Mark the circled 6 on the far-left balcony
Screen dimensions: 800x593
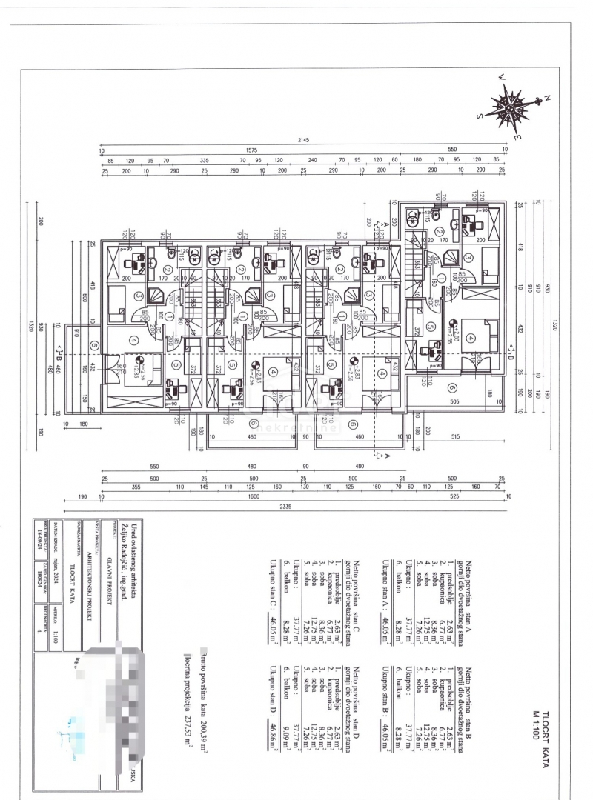click(x=94, y=345)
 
